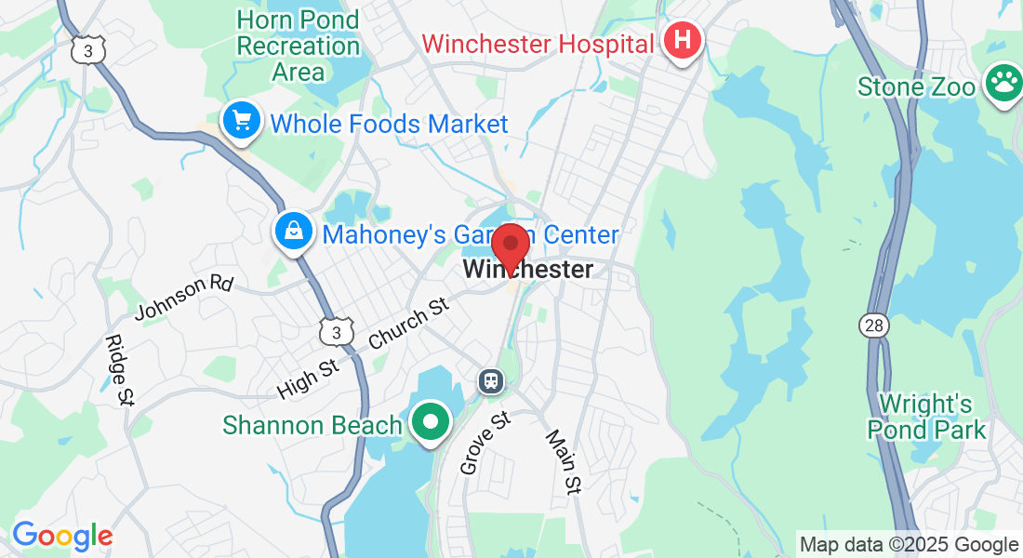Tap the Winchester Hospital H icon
[683, 42]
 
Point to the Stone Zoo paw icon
[1003, 85]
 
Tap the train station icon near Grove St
[490, 380]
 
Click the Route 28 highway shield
[874, 325]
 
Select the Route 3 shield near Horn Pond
[87, 51]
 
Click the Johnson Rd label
[183, 297]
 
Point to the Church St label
[409, 324]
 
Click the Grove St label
[486, 444]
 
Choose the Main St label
[563, 461]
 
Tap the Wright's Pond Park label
[926, 417]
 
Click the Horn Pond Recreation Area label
[298, 45]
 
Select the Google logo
[62, 536]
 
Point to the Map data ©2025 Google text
[909, 545]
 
